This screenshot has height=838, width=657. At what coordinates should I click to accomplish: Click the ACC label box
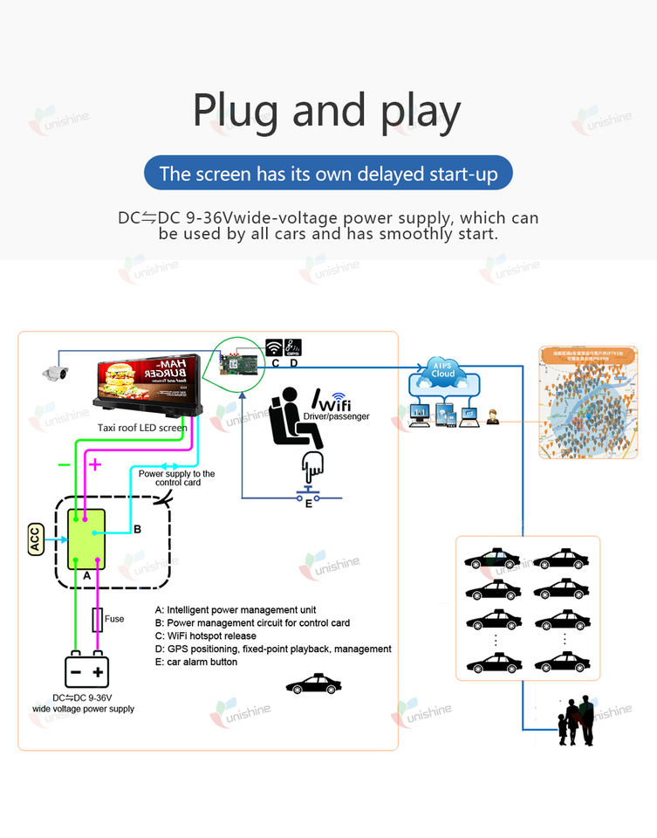point(36,539)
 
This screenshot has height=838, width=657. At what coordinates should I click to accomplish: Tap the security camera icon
point(54,373)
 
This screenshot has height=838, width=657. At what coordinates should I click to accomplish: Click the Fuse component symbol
point(98,619)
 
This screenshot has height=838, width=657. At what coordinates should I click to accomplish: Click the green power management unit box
point(86,539)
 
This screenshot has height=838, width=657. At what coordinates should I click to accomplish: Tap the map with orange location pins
point(581,402)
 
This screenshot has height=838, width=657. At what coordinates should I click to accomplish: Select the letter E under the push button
point(308,504)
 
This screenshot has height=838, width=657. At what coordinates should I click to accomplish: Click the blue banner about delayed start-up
point(328,174)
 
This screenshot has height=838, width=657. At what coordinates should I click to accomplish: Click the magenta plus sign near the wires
point(95,464)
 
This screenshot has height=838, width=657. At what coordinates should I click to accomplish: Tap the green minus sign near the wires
point(64,464)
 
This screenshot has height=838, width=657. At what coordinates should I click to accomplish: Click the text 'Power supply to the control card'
point(177,477)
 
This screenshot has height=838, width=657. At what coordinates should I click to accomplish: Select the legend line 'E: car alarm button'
point(195,662)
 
